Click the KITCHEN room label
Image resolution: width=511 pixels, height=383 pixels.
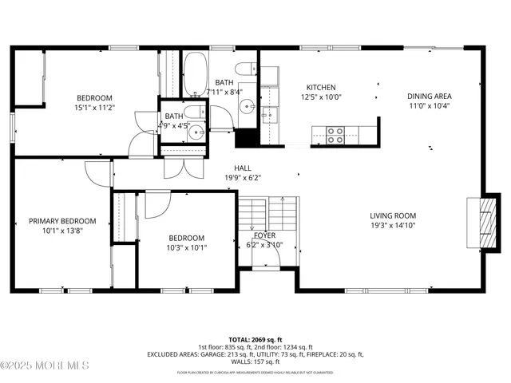pos(321,88)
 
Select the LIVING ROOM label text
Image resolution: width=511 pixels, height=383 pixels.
pos(392,215)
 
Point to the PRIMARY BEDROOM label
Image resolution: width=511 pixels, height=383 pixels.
pos(62,221)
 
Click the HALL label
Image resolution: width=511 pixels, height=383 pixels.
pos(243,168)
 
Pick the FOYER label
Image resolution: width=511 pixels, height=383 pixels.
pos(265,235)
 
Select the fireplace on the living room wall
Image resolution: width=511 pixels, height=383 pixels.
pos(485,221)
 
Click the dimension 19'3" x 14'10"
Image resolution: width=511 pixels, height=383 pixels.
pos(392,226)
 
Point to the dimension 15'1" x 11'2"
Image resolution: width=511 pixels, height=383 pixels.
pos(95,107)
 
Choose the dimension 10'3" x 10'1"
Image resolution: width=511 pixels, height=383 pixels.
pos(185,247)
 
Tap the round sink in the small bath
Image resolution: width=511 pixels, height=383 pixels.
pos(195,132)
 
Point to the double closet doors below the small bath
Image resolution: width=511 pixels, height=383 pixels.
pos(184,168)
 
